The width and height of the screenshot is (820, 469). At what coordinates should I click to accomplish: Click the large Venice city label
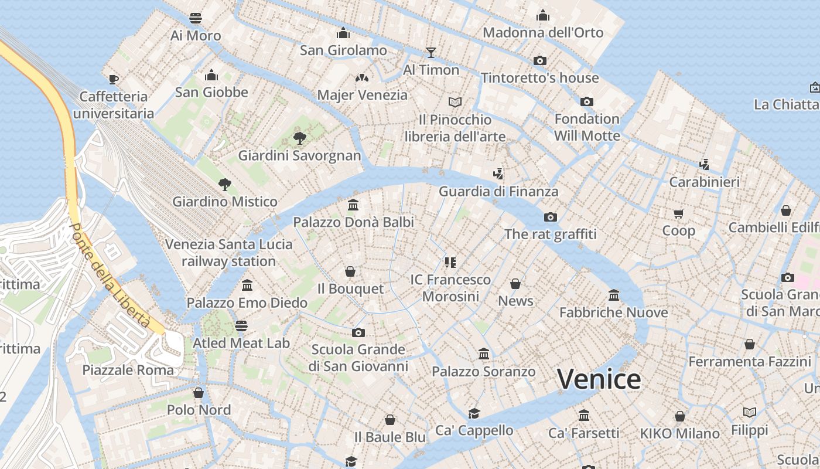[599, 379]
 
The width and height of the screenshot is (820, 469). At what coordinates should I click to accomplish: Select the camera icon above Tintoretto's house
[539, 60]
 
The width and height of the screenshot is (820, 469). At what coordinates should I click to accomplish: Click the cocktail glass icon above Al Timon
[431, 52]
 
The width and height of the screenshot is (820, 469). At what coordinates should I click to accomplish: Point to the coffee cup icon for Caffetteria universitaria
[114, 79]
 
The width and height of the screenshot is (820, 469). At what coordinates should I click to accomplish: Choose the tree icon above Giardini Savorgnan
[299, 138]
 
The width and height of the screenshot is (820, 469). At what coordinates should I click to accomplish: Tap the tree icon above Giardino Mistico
[224, 185]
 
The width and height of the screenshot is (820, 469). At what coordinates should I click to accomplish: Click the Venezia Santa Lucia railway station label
[228, 253]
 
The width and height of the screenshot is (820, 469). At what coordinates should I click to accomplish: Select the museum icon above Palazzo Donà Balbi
[353, 205]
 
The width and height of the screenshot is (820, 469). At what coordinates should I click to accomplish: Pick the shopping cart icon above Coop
[678, 213]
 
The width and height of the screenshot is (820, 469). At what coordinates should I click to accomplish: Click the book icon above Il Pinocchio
[455, 102]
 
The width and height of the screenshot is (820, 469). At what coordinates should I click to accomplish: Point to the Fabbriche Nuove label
[613, 312]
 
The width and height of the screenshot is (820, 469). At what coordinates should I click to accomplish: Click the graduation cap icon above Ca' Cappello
[474, 413]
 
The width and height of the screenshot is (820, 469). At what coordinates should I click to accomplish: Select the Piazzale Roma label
[128, 370]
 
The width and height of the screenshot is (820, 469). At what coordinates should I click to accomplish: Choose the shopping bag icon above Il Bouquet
[350, 271]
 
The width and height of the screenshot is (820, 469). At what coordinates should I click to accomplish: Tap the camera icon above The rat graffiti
[550, 217]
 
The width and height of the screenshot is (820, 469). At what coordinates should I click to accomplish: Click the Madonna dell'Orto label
[542, 32]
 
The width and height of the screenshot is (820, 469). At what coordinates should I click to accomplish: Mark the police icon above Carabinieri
[704, 165]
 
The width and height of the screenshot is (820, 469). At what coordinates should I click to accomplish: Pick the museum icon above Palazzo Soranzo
[484, 354]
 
